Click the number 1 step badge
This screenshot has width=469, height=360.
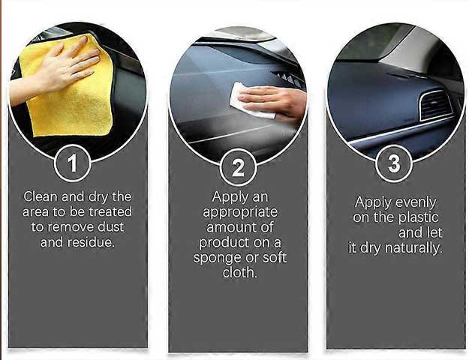click(73, 163)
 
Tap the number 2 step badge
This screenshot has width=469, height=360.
click(238, 168)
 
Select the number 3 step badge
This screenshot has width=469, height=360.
click(394, 163)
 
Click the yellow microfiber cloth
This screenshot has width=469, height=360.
click(68, 87)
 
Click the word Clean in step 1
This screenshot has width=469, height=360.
click(41, 196)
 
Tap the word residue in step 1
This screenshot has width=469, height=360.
click(91, 242)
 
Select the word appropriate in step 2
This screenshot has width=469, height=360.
click(240, 213)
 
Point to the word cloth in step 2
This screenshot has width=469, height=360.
click(239, 273)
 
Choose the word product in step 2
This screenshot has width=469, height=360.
click(224, 243)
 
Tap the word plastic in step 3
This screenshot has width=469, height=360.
click(418, 217)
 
